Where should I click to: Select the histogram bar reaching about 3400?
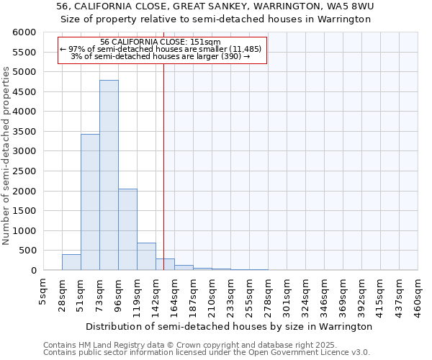point(90,202)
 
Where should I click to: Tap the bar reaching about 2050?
point(127,229)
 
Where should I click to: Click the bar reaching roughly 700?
point(146,256)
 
